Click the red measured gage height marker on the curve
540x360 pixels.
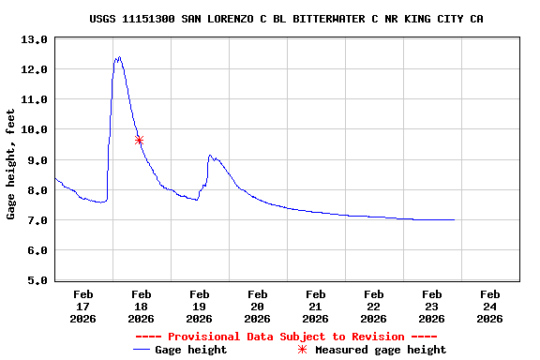139,140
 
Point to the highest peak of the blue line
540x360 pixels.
118,57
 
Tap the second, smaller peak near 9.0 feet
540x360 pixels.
210,156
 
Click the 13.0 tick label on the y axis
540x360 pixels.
34,39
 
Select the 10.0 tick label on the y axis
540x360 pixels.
34,129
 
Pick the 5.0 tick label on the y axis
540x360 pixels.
34,280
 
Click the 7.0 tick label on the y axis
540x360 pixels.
34,220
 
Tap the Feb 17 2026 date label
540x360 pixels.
82,307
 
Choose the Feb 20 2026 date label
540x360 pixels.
257,307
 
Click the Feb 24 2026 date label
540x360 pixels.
489,307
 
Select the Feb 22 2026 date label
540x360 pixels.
373,307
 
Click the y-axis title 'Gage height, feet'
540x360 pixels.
11,164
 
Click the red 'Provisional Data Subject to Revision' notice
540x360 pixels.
286,337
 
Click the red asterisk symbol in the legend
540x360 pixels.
302,350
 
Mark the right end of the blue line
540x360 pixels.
455,219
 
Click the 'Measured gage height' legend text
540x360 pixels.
381,350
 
